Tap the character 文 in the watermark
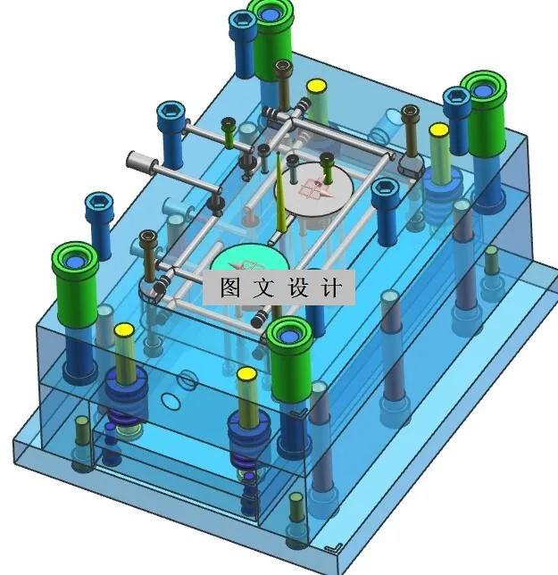[262, 287]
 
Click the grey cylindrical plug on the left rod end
[140, 162]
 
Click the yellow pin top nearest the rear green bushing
[315, 87]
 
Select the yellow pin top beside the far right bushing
[438, 130]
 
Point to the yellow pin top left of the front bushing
[246, 374]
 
